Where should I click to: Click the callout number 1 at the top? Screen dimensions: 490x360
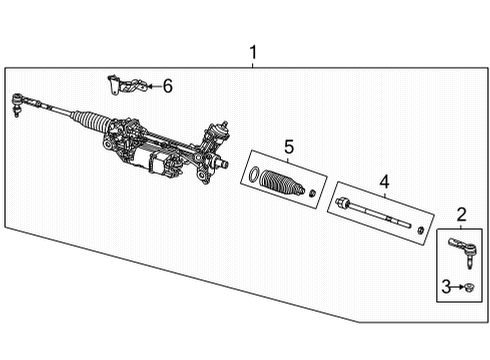click(253, 51)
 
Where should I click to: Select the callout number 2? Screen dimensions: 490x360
click(461, 213)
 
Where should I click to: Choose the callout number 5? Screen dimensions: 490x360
click(288, 147)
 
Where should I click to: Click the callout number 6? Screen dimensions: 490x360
click(167, 86)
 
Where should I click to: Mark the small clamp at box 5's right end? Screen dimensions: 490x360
click(313, 192)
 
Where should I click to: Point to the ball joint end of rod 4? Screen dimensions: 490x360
click(344, 205)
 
